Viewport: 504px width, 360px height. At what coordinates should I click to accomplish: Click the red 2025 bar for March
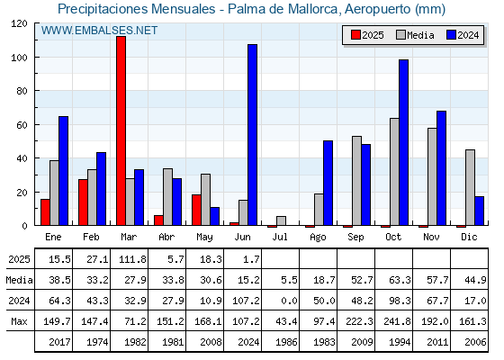(x=121, y=130)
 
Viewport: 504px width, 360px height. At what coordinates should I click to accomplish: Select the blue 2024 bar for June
(x=252, y=135)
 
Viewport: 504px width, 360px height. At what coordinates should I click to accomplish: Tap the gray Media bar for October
(x=394, y=172)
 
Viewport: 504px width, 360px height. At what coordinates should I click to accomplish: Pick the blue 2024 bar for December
(x=479, y=211)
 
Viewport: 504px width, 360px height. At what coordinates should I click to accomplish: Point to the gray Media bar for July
(x=281, y=220)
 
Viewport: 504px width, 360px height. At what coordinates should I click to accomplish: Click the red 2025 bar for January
(x=45, y=212)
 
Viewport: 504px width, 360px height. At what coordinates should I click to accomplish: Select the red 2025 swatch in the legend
(x=355, y=35)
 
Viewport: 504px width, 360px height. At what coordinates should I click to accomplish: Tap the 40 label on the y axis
(x=22, y=158)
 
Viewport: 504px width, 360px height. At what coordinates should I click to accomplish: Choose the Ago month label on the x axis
(x=318, y=238)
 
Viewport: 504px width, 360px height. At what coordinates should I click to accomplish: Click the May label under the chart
(x=204, y=238)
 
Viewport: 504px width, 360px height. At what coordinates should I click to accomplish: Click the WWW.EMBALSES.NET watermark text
(x=99, y=31)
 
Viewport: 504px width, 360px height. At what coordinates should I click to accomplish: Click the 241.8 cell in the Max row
(x=397, y=321)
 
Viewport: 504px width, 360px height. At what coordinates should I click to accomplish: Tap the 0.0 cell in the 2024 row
(x=289, y=301)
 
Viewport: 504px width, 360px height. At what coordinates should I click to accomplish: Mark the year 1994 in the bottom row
(x=400, y=342)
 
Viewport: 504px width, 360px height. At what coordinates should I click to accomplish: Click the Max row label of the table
(x=19, y=321)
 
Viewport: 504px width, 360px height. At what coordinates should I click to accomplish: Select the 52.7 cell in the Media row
(x=362, y=280)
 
